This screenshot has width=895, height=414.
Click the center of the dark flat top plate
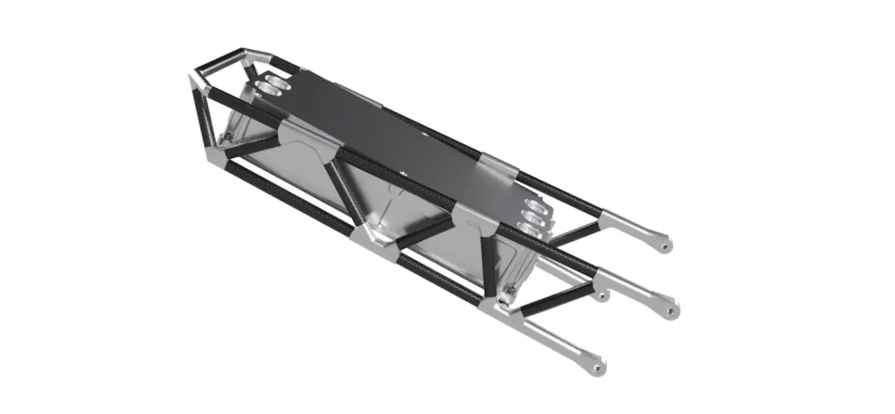click(393, 140)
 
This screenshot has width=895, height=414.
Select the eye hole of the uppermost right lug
click(666, 246)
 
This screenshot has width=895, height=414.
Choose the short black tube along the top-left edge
click(218, 64)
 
